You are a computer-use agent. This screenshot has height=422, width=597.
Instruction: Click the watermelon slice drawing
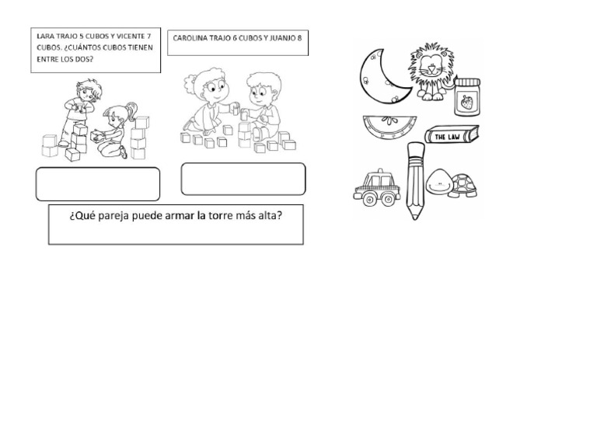pyautogui.click(x=389, y=127)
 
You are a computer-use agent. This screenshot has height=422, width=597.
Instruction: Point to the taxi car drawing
pyautogui.click(x=376, y=187)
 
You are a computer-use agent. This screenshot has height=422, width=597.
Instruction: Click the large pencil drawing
pyautogui.click(x=414, y=179)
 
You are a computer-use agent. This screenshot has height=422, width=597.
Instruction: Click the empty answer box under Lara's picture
pyautogui.click(x=97, y=183)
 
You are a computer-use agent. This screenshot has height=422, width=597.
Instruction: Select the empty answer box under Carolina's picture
pyautogui.click(x=243, y=179)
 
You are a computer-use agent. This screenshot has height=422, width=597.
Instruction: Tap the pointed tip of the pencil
pyautogui.click(x=414, y=217)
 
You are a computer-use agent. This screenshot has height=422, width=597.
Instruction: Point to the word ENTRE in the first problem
pyautogui.click(x=46, y=57)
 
